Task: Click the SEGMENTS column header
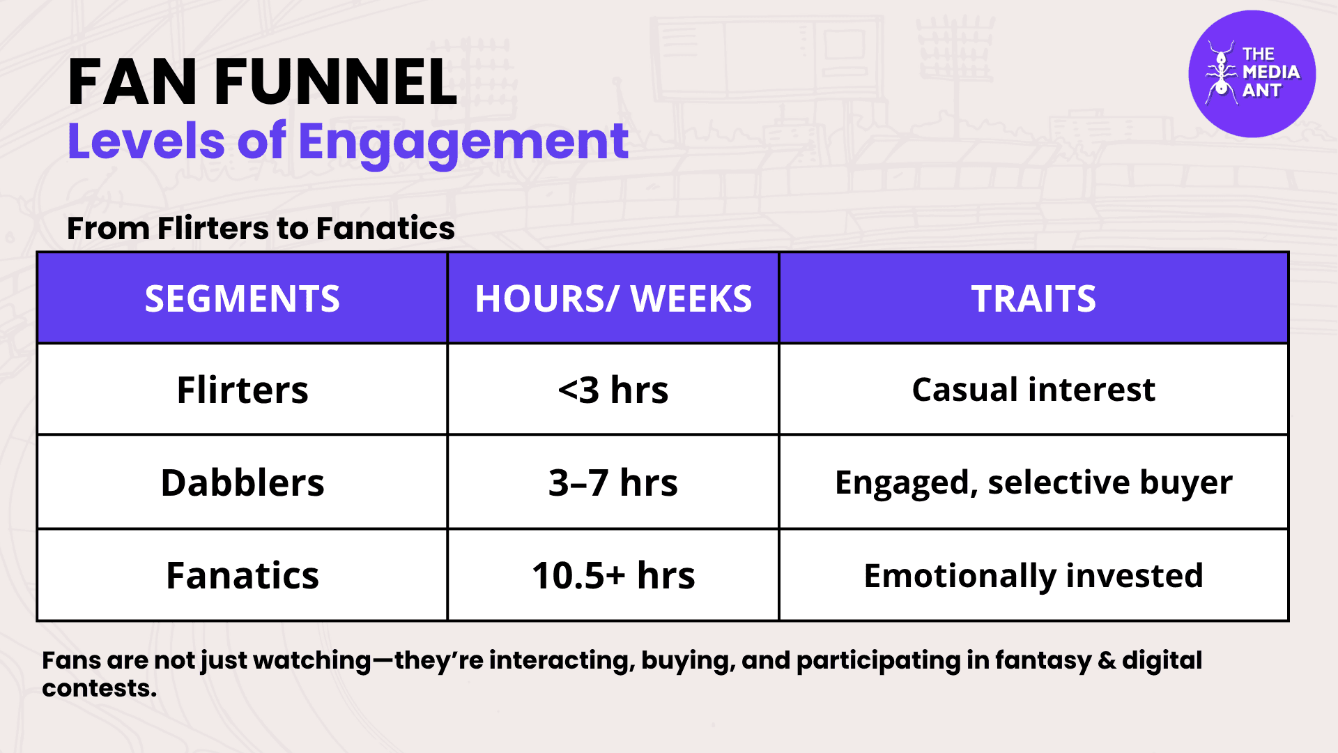point(242,298)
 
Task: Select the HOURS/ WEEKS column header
point(613,298)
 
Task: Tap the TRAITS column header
point(1033,298)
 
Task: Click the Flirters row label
point(242,389)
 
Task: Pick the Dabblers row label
point(242,482)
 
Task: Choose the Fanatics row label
point(242,575)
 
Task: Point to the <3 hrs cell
point(613,389)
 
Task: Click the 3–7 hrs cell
point(613,482)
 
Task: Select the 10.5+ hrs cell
point(613,575)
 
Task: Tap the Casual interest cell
point(1033,389)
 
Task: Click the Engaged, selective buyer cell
point(1033,482)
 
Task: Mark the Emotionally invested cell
point(1033,576)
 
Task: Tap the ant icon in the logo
point(1220,72)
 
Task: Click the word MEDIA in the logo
point(1271,72)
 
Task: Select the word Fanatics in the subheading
point(385,228)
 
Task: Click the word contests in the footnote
point(99,688)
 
